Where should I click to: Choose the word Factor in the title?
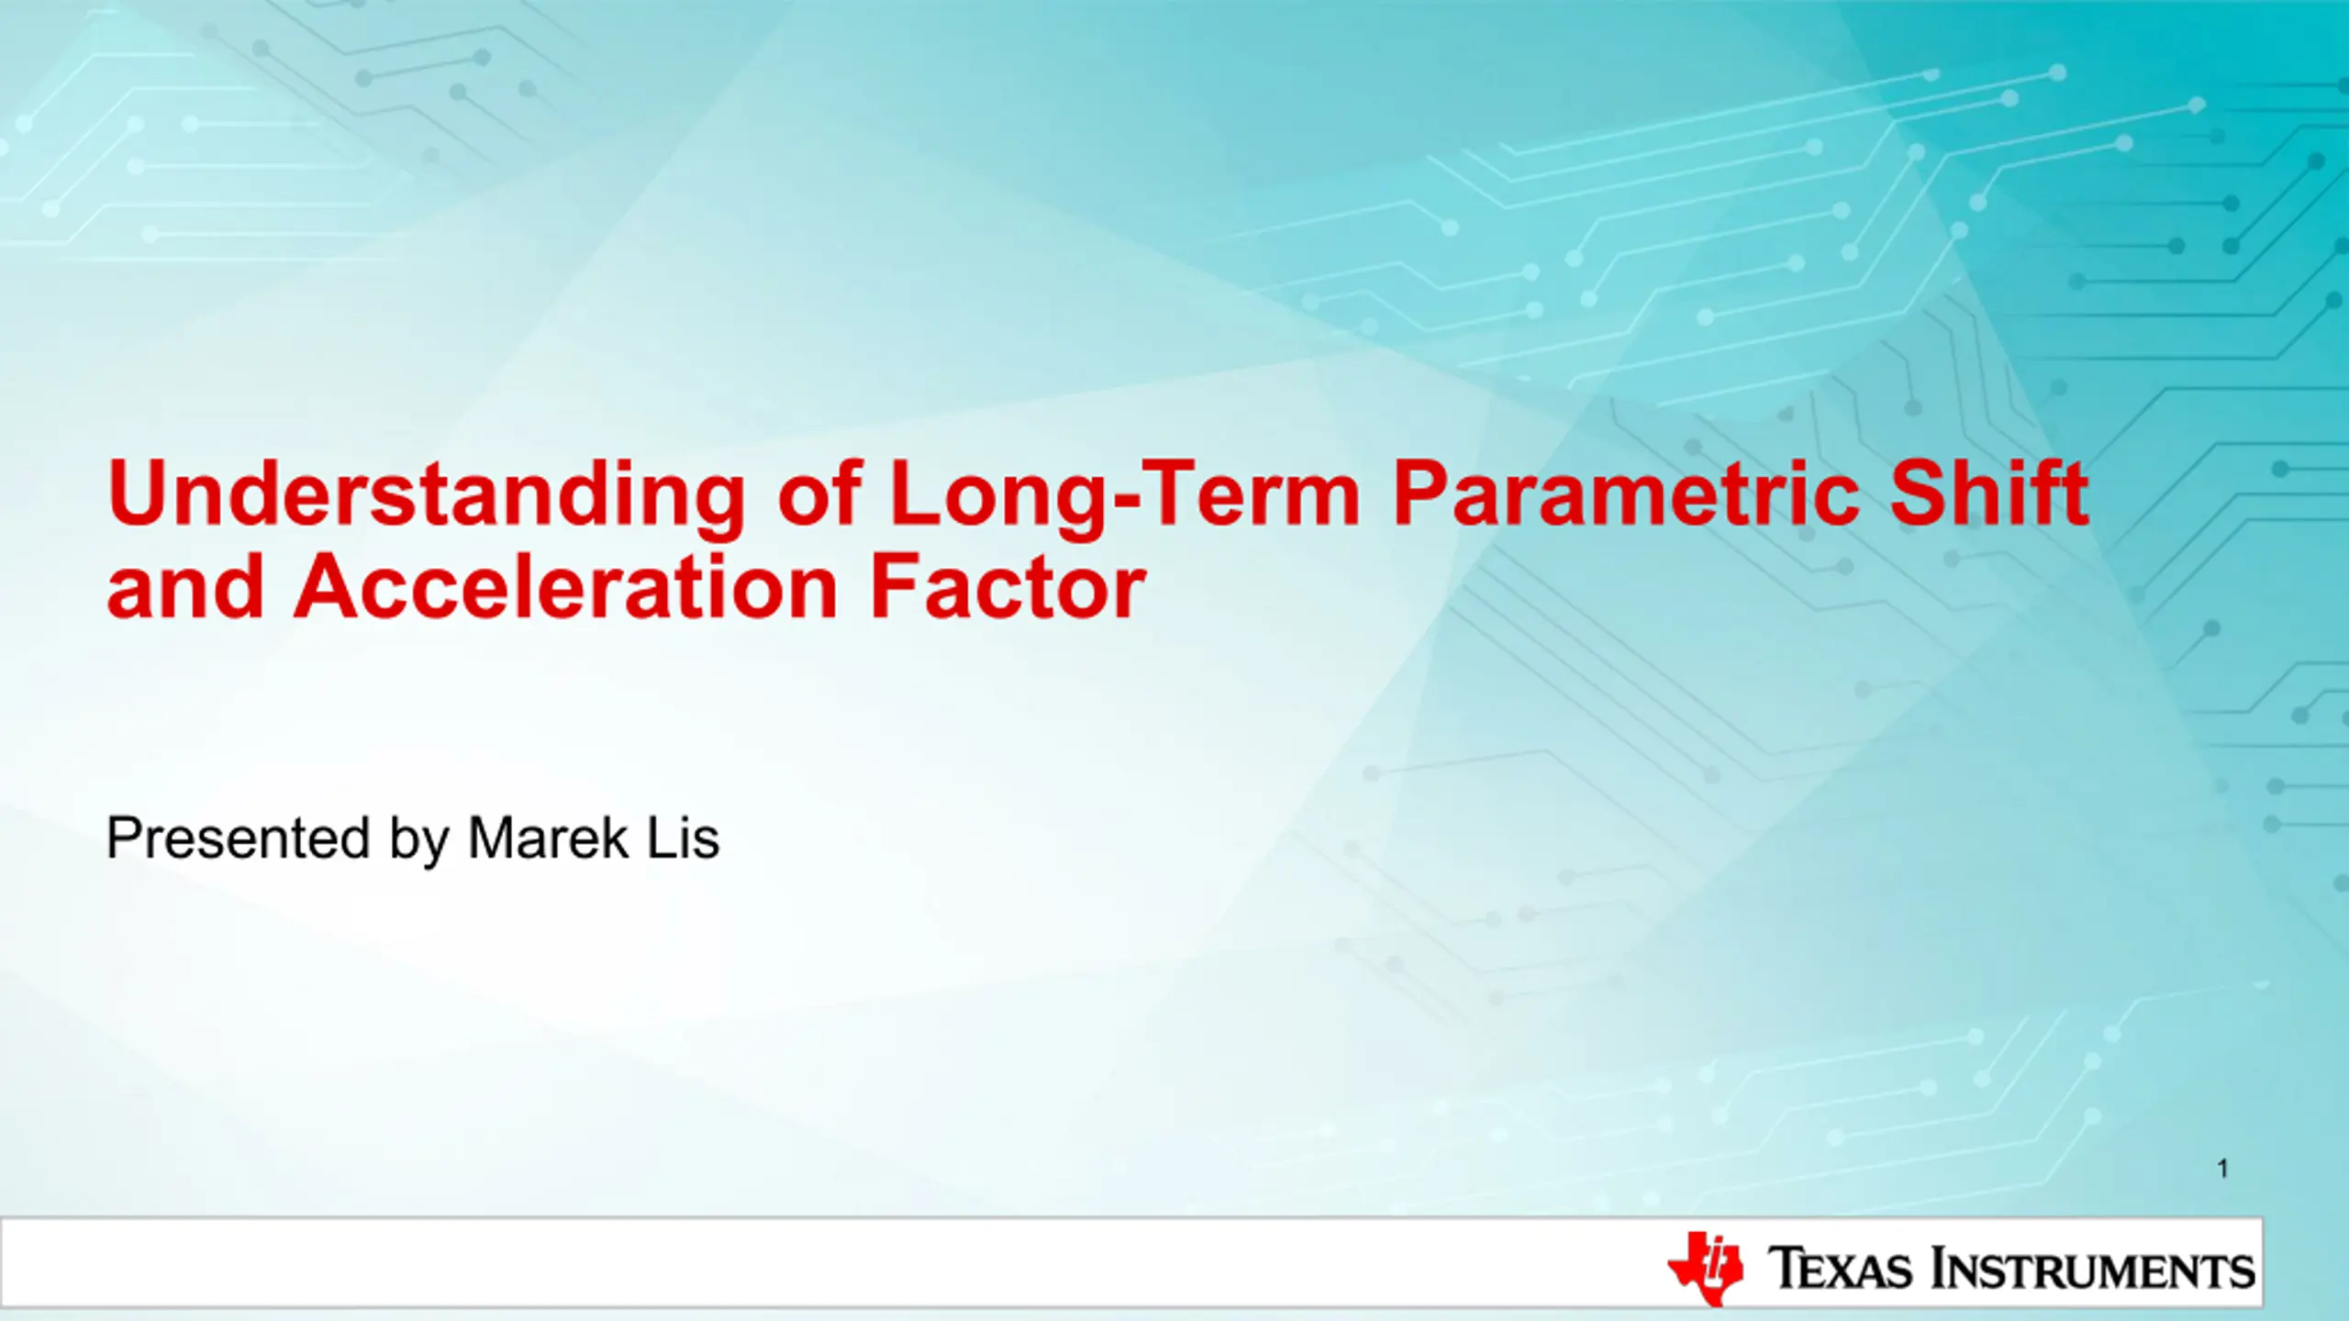pyautogui.click(x=1008, y=587)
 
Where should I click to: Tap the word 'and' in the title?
pyautogui.click(x=185, y=587)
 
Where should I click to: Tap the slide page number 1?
pyautogui.click(x=2223, y=1169)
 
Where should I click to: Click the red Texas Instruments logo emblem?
pyautogui.click(x=1705, y=1269)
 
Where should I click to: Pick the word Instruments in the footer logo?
pyautogui.click(x=2092, y=1269)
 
